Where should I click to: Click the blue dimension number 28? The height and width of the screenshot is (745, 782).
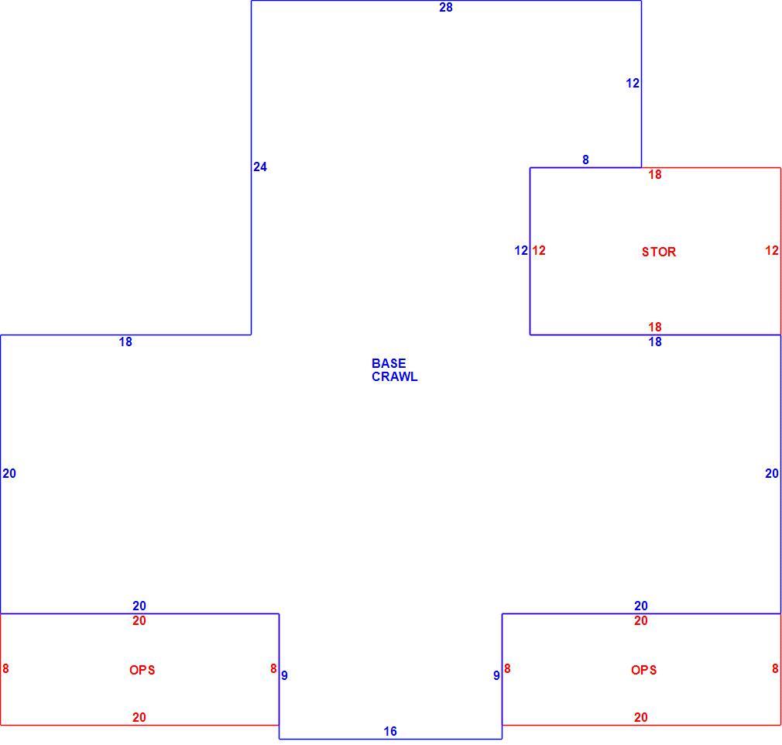click(x=446, y=8)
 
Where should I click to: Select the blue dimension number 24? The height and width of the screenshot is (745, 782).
click(x=260, y=167)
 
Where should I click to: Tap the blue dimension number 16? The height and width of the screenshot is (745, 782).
click(x=390, y=732)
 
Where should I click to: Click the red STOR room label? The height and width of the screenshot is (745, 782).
click(x=659, y=252)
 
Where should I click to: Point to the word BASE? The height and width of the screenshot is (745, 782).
click(x=389, y=363)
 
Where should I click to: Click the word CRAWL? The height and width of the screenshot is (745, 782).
click(x=395, y=376)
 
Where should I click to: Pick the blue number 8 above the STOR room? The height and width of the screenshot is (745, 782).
click(x=585, y=160)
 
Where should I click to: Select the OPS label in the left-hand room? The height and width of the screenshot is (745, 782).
click(x=142, y=670)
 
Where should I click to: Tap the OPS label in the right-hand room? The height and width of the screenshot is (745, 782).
click(x=644, y=670)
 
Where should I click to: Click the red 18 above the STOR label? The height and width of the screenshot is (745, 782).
click(x=655, y=175)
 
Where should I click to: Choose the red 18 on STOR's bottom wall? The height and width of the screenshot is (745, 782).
click(x=655, y=328)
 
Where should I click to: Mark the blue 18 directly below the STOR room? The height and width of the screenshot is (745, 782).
click(x=655, y=342)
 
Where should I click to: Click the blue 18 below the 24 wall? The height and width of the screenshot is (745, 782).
click(x=125, y=342)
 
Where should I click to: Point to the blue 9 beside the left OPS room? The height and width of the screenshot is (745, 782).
click(x=284, y=675)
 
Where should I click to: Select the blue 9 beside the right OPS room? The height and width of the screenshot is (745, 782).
click(x=496, y=675)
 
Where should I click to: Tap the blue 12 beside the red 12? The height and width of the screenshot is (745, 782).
click(x=521, y=250)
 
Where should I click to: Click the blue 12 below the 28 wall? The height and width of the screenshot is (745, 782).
click(x=633, y=84)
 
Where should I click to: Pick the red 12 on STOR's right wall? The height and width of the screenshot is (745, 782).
click(x=772, y=250)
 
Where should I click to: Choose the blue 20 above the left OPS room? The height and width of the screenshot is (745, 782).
click(x=139, y=606)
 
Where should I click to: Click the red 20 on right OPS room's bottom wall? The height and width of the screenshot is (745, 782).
click(x=641, y=718)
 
